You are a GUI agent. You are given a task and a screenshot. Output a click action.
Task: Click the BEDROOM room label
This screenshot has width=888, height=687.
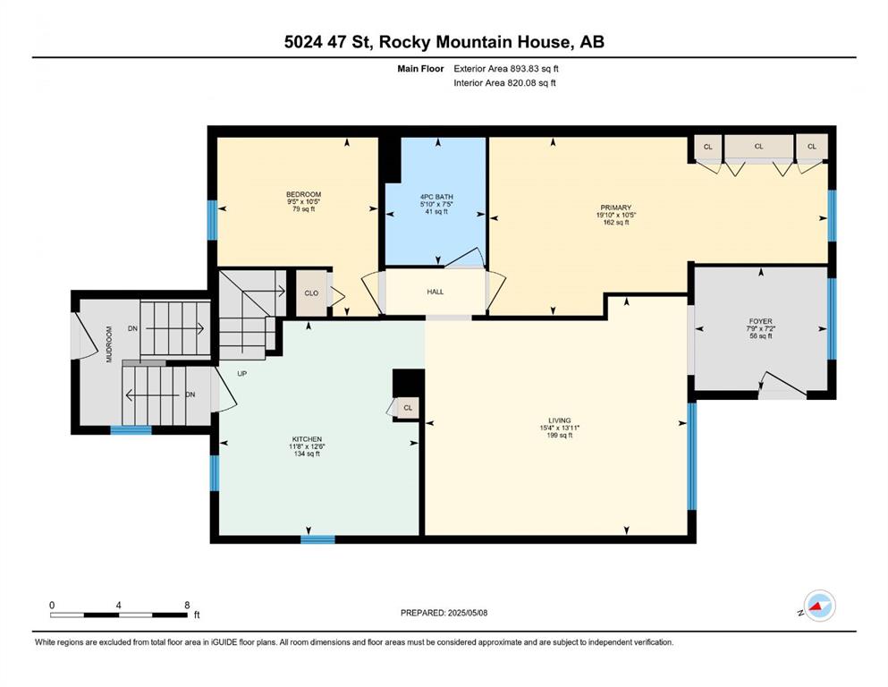(x=303, y=194)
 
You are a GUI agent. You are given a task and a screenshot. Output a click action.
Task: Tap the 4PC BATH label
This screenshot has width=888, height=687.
(x=436, y=197)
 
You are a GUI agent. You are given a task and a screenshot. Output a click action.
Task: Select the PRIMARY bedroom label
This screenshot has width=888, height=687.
(x=615, y=208)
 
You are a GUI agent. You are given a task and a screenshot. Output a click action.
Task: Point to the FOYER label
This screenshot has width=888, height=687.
(x=760, y=321)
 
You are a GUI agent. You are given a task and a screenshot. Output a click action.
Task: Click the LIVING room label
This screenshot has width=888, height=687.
(x=559, y=420)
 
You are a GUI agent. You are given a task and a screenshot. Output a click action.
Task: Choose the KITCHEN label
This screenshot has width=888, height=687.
(x=307, y=439)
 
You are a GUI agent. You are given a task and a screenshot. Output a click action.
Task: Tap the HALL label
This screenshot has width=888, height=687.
(x=435, y=292)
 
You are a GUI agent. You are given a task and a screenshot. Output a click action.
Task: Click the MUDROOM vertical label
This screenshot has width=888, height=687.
(x=109, y=343)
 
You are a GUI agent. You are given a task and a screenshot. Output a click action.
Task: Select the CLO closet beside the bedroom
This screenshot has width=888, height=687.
(x=311, y=293)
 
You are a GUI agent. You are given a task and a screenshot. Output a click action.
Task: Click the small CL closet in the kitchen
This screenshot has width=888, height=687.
(x=408, y=408)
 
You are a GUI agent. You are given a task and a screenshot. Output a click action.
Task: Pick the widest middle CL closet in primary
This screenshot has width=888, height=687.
(x=759, y=146)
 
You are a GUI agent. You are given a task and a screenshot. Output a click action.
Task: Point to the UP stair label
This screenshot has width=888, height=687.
(x=241, y=374)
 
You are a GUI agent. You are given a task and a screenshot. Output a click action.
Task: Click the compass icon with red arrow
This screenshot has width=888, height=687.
(x=819, y=606)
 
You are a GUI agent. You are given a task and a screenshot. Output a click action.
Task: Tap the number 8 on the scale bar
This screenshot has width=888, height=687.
(x=187, y=605)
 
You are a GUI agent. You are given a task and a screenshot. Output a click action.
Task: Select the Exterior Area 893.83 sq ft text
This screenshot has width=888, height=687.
(x=506, y=69)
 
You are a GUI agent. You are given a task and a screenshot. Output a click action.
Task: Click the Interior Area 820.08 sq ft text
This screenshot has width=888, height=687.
(x=504, y=82)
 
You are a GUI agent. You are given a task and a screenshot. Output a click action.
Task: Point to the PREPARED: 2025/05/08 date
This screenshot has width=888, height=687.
(x=444, y=613)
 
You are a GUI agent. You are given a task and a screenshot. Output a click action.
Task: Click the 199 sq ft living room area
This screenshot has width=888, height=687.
(x=560, y=436)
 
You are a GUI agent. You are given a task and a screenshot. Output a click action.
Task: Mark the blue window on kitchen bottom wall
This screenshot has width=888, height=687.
(x=317, y=539)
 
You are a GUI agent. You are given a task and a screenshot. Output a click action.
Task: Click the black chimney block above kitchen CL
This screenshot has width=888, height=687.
(x=409, y=384)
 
